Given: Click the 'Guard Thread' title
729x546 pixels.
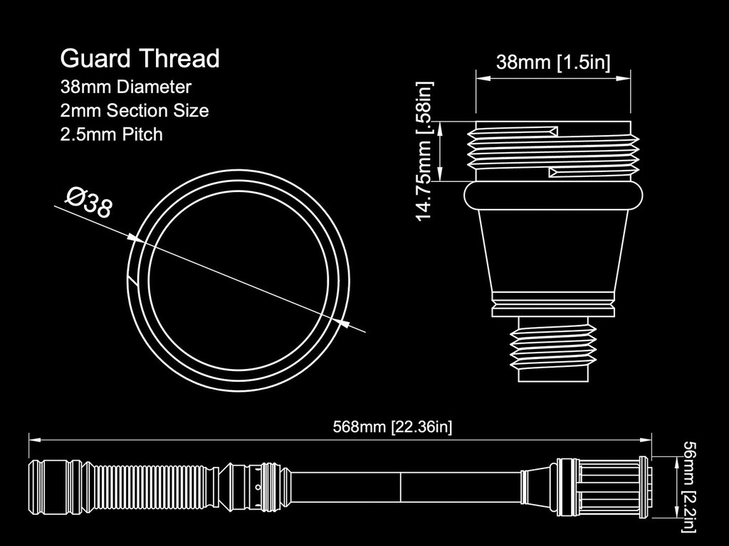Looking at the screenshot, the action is pyautogui.click(x=140, y=59).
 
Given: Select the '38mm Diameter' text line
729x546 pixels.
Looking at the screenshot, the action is pyautogui.click(x=125, y=87).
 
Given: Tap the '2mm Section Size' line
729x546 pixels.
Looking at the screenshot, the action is pyautogui.click(x=135, y=110).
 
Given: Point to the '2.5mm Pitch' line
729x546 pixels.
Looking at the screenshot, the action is pyautogui.click(x=112, y=134).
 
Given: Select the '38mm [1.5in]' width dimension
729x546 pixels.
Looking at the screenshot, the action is pyautogui.click(x=552, y=62).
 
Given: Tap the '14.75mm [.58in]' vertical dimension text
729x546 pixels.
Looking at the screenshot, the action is pyautogui.click(x=424, y=151).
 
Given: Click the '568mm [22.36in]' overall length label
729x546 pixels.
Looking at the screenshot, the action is pyautogui.click(x=392, y=427).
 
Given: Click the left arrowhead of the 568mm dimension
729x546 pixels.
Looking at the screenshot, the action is pyautogui.click(x=35, y=439).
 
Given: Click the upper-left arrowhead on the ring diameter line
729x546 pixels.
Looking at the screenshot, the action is pyautogui.click(x=135, y=237).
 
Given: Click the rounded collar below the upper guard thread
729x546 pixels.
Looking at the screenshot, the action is pyautogui.click(x=552, y=196).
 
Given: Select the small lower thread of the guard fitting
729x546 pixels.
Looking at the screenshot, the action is pyautogui.click(x=552, y=348).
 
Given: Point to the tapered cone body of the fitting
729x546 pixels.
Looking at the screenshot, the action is pyautogui.click(x=552, y=251).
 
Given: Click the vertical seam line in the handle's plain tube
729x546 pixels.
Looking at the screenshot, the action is pyautogui.click(x=400, y=487).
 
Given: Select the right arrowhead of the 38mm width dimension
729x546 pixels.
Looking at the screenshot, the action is pyautogui.click(x=624, y=78).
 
